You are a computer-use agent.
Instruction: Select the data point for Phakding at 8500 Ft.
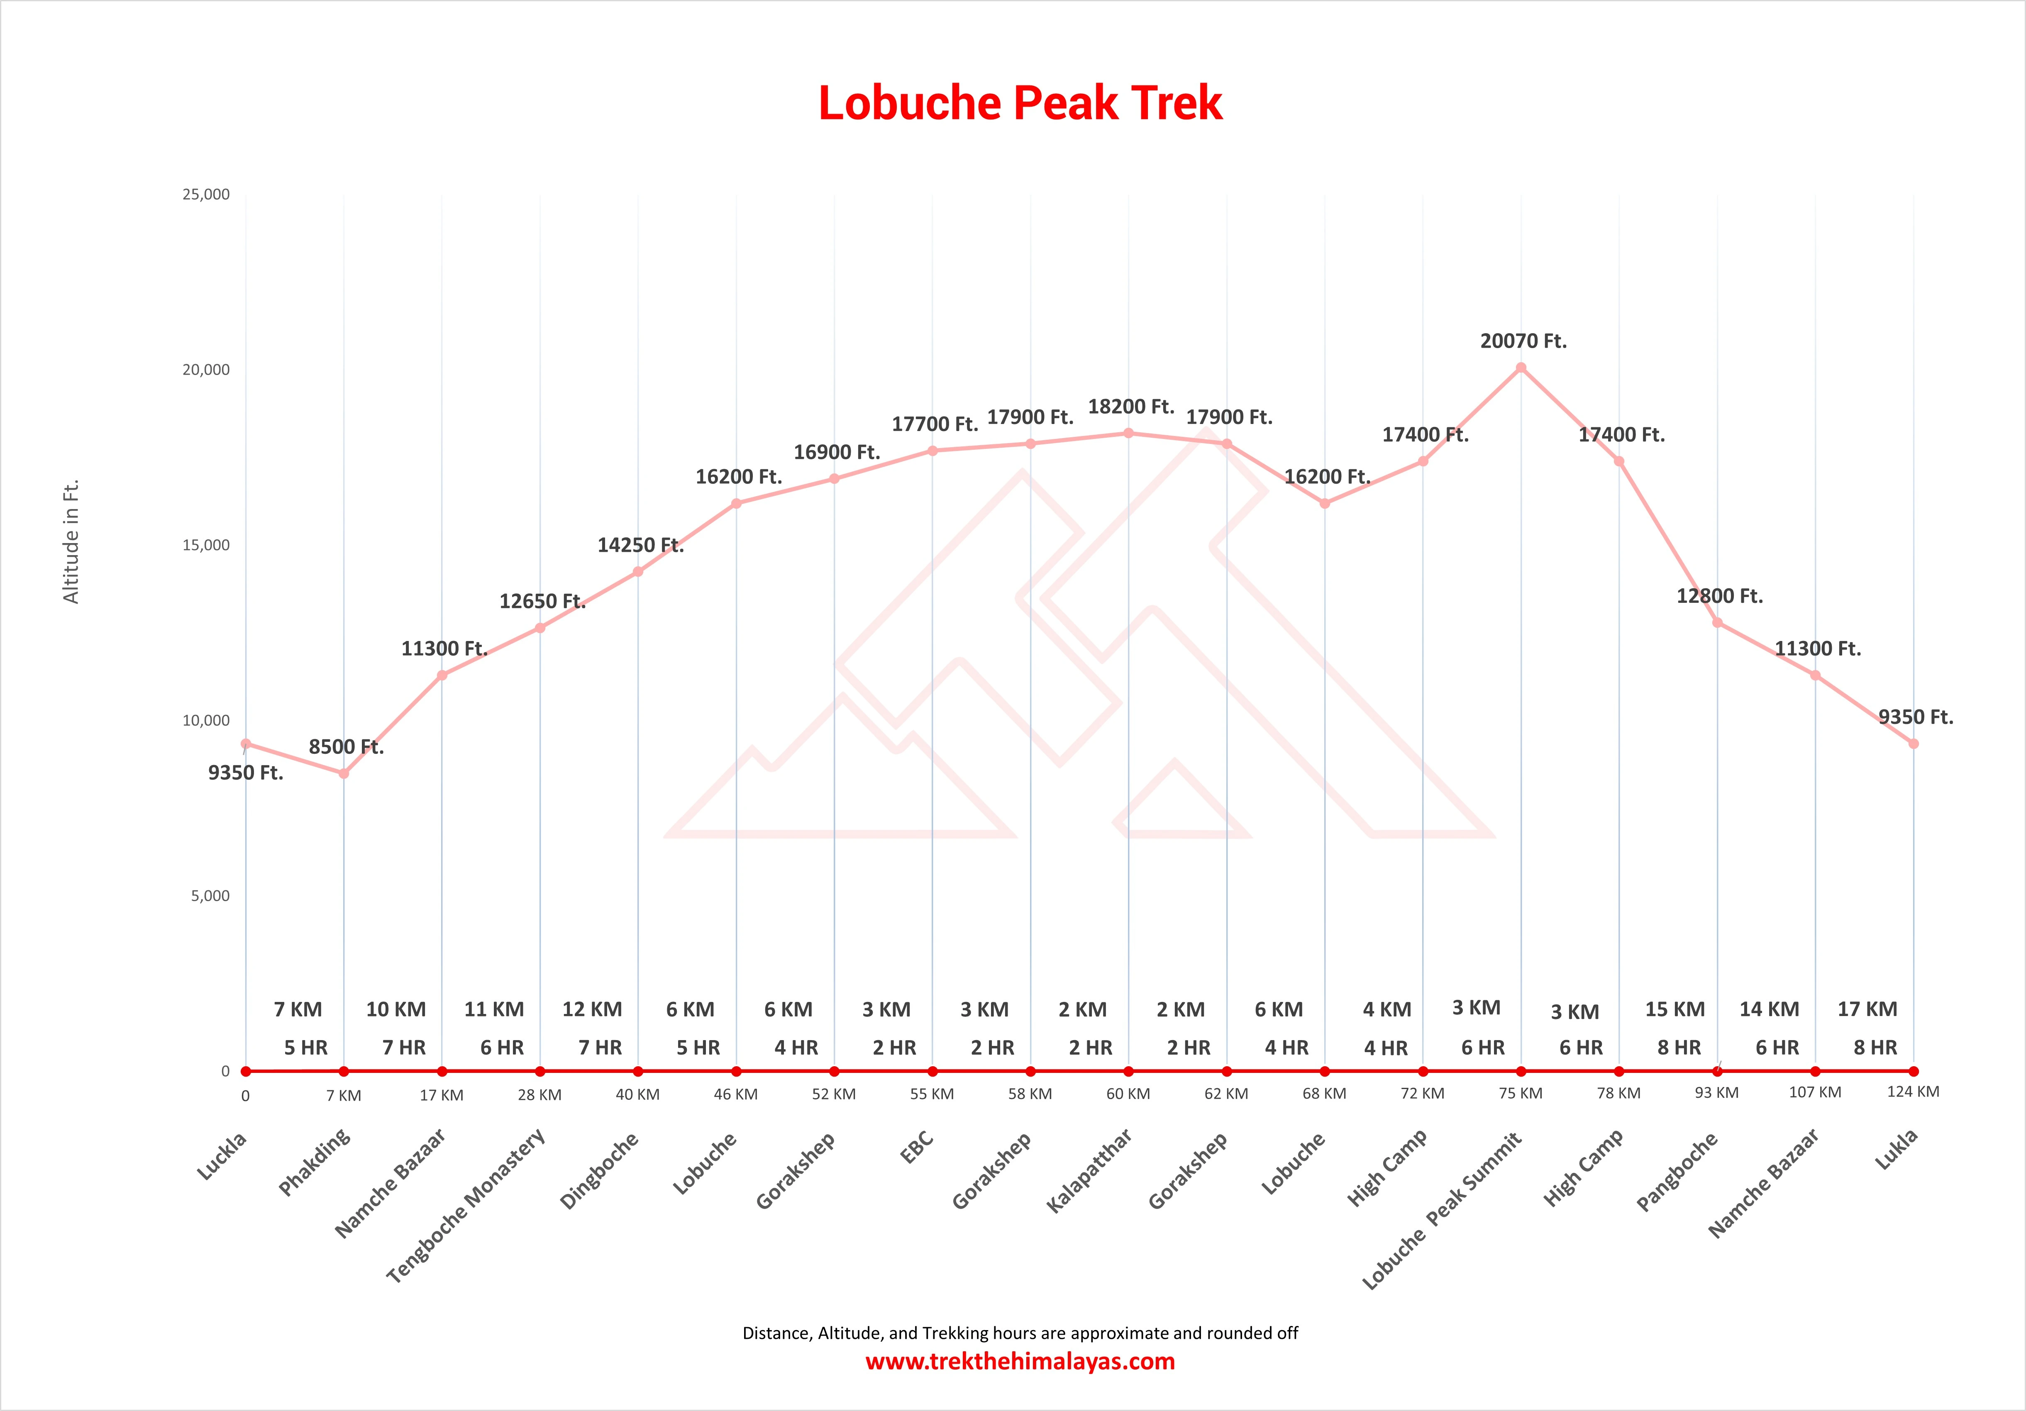click(x=344, y=773)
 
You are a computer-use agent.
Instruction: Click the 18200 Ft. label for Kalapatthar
click(x=1130, y=407)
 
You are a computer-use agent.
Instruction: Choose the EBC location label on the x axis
click(x=917, y=1147)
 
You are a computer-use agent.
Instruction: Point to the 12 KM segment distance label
click(x=592, y=1009)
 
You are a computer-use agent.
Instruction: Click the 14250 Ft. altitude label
click(x=641, y=545)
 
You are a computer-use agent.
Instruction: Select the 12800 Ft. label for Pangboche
click(x=1719, y=597)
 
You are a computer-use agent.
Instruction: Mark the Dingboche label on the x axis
click(x=599, y=1171)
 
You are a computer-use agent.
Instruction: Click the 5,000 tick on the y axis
click(x=210, y=896)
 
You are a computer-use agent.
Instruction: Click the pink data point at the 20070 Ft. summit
click(x=1521, y=368)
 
